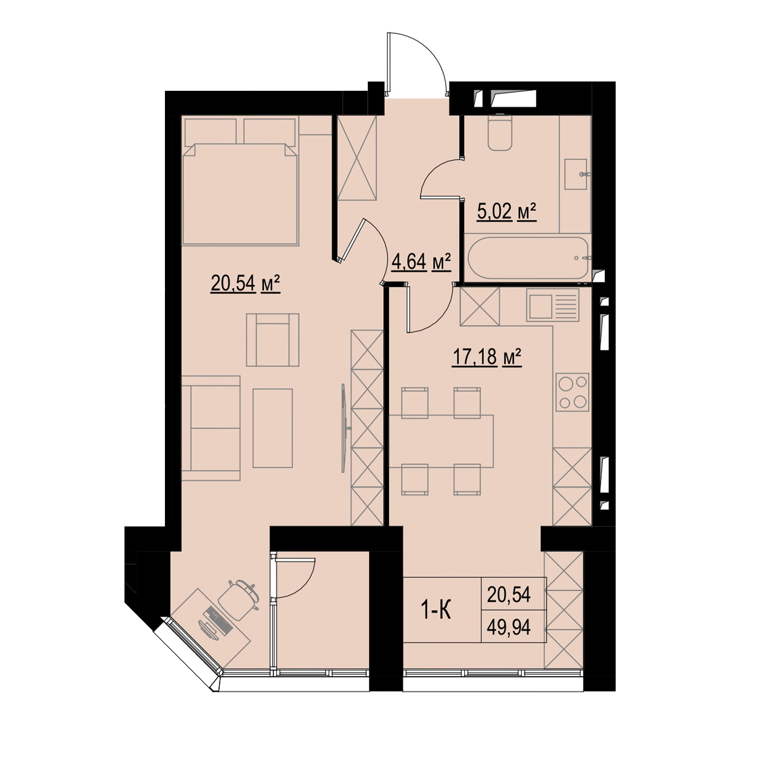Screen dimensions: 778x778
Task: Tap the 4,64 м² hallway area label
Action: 421,262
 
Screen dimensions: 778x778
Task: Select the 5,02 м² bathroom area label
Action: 506,212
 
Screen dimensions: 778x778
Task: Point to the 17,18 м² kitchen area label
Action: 487,357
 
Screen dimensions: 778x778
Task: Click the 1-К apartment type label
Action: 435,611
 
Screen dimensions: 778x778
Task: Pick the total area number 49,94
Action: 509,628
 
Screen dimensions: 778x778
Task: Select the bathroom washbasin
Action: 576,174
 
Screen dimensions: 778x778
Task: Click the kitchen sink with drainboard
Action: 553,305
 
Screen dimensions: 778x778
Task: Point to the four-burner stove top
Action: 573,392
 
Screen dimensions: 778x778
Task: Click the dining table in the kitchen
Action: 441,441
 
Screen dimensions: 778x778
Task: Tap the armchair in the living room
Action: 273,340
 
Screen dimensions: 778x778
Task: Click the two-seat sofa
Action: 211,428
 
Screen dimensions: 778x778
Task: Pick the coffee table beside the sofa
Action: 273,428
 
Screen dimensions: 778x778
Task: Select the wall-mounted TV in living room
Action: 344,428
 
